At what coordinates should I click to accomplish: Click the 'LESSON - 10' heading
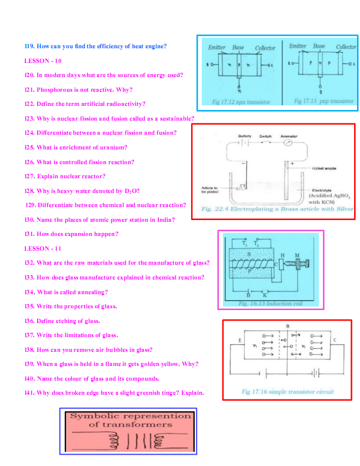[43, 61]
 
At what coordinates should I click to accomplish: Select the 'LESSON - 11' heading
[43, 248]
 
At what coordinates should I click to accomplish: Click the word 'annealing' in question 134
[94, 292]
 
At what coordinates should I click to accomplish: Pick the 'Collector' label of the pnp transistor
[346, 47]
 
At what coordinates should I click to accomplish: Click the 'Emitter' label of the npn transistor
[218, 47]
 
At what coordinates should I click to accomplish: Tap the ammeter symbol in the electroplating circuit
[288, 142]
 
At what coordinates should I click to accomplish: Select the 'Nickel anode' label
[324, 168]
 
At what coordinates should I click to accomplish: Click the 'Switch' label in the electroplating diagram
[265, 135]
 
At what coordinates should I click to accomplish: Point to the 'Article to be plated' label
[210, 190]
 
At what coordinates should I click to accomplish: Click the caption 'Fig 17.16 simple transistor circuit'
[287, 391]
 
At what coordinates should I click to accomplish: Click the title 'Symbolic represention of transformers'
[131, 420]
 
